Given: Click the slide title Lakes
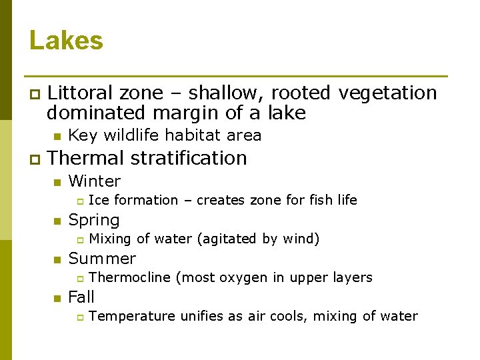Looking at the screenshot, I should point(66,41).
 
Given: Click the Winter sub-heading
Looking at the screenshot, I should point(95,181).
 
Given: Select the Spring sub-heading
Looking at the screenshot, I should point(94,220).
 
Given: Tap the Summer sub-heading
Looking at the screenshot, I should point(102,259).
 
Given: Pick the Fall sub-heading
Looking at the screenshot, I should point(81,297).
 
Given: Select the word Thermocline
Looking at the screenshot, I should point(129,277).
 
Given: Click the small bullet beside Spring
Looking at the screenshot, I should point(57,221).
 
